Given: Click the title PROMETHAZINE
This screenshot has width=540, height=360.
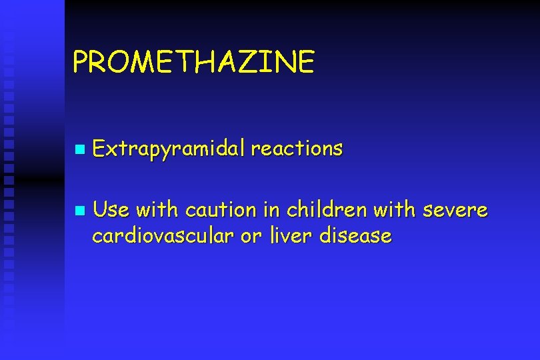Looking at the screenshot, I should [193, 62].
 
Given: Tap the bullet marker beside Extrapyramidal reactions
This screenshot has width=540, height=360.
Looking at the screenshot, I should [80, 149].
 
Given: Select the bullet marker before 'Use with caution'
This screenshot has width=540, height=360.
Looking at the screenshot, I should [80, 211].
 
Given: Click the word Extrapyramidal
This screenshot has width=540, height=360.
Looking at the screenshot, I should [169, 149].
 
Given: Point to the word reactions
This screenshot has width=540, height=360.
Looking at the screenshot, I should [297, 148].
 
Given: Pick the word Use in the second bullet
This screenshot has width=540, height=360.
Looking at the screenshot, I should [111, 211].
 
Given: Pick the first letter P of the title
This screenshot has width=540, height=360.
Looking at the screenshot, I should [80, 62].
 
